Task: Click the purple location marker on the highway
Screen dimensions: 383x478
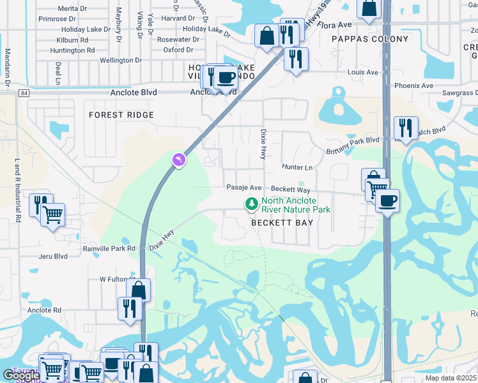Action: click(179, 160)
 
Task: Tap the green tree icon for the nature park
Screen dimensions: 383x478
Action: click(252, 204)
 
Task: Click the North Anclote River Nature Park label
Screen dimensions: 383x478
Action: click(295, 204)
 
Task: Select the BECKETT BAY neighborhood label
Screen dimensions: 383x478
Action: click(282, 223)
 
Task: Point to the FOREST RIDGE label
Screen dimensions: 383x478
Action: click(121, 115)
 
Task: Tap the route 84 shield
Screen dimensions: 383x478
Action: click(24, 93)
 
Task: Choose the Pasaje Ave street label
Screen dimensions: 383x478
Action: click(244, 188)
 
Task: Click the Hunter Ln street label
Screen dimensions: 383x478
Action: click(297, 167)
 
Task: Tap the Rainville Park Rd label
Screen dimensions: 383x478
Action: click(109, 248)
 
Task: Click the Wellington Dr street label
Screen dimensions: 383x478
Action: click(121, 61)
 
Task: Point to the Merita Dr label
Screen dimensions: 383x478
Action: click(72, 8)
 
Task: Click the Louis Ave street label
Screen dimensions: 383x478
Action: click(363, 73)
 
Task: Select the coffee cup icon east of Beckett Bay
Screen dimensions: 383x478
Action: click(387, 201)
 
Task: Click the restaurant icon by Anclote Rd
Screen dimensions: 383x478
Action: click(130, 308)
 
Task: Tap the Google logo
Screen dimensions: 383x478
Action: click(21, 375)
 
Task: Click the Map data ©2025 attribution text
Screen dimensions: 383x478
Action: click(451, 378)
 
